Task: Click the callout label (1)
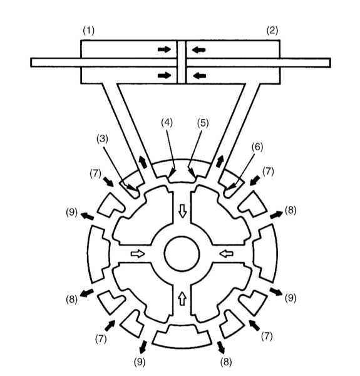[89, 31]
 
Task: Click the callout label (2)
[272, 31]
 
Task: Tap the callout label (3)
[102, 139]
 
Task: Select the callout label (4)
[167, 123]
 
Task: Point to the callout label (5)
[203, 123]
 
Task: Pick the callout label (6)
[257, 147]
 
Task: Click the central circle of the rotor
[182, 254]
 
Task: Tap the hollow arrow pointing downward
[183, 211]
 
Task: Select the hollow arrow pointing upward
[183, 298]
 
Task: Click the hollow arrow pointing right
[138, 254]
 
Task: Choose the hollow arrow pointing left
[227, 253]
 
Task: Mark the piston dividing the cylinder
[182, 62]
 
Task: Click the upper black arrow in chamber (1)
[164, 50]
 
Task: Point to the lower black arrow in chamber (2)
[199, 76]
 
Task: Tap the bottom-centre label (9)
[140, 362]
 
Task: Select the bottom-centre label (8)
[226, 362]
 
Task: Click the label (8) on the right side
[291, 211]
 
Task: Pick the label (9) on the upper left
[72, 212]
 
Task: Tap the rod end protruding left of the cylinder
[56, 63]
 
